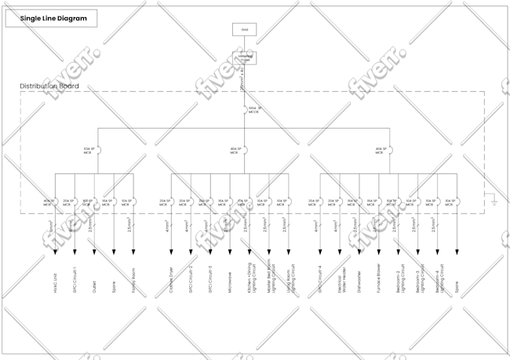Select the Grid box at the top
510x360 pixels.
coord(244,30)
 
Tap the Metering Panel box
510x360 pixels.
coord(244,57)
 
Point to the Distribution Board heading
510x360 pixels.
coord(49,86)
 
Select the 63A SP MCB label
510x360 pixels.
coord(89,150)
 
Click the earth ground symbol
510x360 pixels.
coord(494,202)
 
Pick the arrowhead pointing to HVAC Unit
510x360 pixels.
coord(56,251)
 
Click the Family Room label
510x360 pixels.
coord(133,280)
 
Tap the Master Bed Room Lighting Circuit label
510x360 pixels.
coord(269,276)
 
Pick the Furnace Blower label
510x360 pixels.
coord(379,278)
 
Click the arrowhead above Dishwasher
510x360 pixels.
coord(359,251)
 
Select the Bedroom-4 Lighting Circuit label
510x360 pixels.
coord(439,278)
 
